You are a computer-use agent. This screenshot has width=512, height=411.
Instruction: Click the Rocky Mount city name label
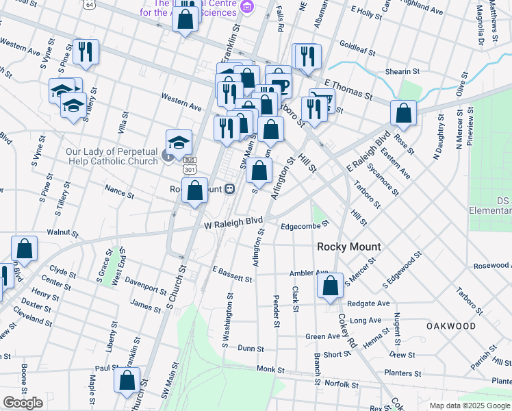coord(348,247)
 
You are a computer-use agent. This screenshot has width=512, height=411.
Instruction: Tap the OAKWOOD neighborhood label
coord(450,326)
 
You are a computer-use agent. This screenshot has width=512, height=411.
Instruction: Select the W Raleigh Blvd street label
coord(233,223)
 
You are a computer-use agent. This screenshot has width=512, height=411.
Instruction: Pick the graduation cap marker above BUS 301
coord(179,142)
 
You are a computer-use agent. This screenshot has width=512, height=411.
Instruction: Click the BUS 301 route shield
coord(190,165)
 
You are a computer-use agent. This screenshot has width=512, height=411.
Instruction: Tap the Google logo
coord(23,403)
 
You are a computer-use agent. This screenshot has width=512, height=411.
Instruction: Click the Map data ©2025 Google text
coord(470,406)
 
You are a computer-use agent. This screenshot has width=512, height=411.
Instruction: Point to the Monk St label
coord(270,369)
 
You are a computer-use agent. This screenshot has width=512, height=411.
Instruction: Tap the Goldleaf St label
coord(355,48)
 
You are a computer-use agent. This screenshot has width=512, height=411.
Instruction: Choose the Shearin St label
coord(402,71)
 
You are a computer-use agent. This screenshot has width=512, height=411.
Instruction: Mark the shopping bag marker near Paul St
coord(127,382)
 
